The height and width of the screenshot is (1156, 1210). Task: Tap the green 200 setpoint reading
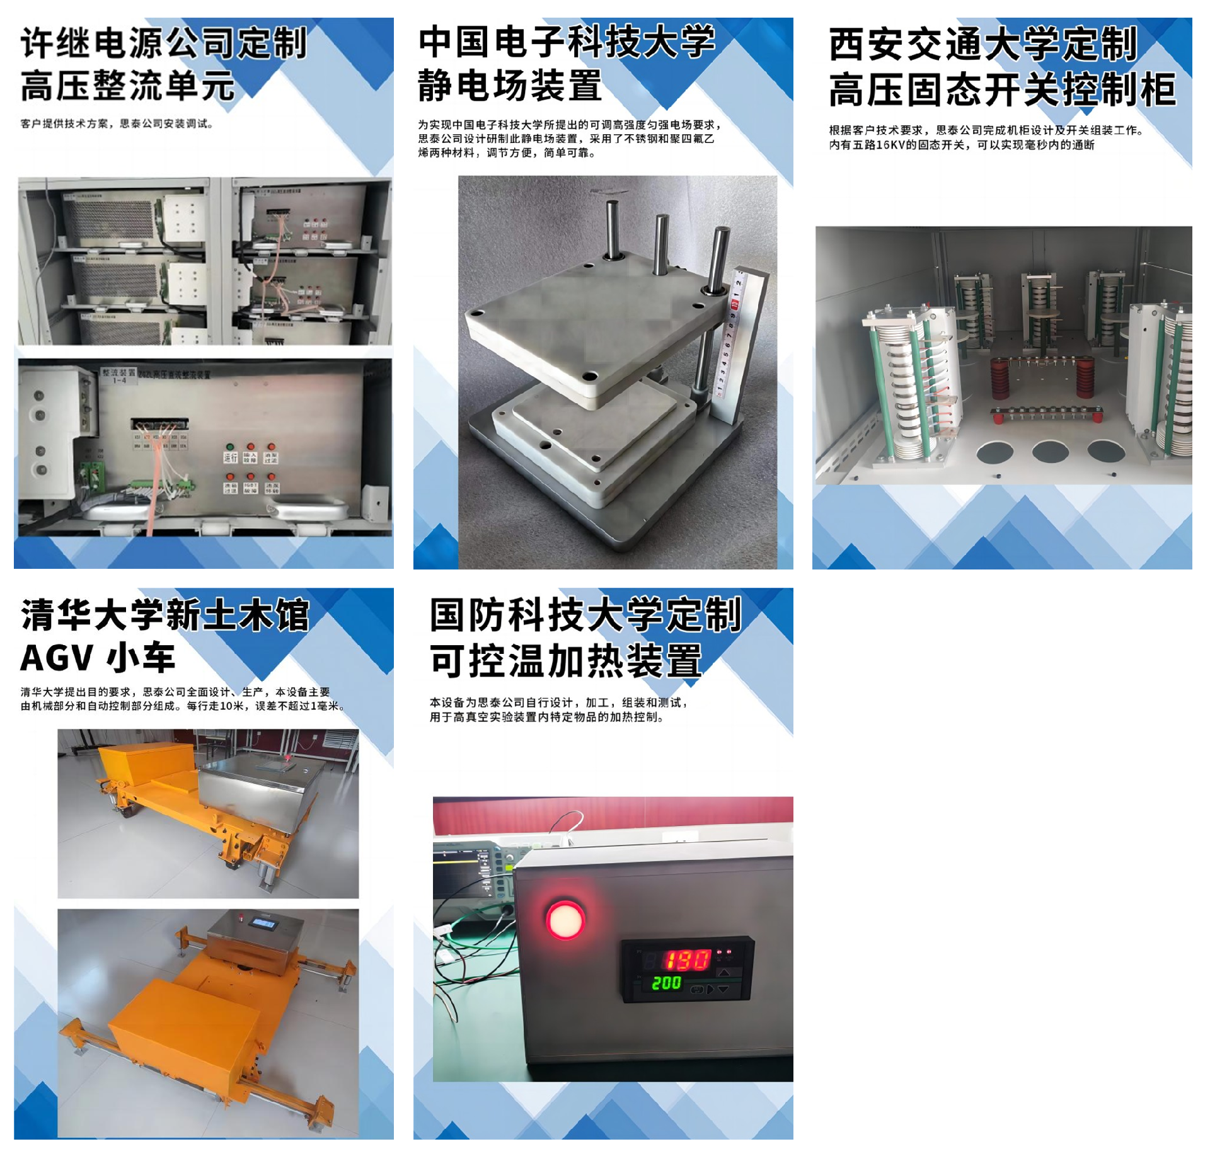tap(666, 983)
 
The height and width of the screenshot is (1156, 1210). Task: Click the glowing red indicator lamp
tap(565, 920)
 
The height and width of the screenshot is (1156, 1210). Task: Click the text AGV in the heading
tap(57, 658)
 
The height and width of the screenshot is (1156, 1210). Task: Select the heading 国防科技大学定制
tap(585, 615)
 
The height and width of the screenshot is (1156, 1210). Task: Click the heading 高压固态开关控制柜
tap(1002, 89)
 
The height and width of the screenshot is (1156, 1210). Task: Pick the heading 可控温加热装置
tap(565, 661)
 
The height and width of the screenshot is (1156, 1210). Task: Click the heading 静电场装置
tap(509, 86)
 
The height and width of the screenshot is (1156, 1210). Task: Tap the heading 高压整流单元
tap(127, 86)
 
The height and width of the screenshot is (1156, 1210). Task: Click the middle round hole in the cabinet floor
tap(1050, 451)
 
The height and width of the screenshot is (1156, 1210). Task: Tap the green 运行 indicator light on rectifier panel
tap(230, 447)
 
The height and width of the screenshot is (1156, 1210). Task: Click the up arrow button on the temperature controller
tap(723, 973)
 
